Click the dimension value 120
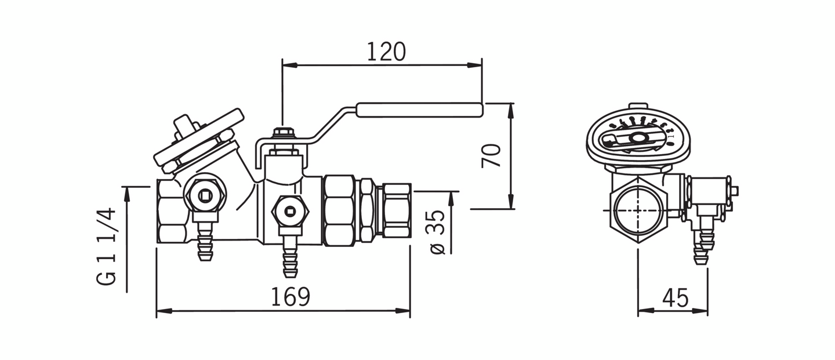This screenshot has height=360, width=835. [386, 52]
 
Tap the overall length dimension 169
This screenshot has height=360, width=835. [291, 297]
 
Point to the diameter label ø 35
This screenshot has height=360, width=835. [438, 231]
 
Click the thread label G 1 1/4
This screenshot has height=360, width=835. [107, 246]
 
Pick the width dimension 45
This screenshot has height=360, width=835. [675, 298]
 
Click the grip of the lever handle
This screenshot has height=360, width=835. [419, 110]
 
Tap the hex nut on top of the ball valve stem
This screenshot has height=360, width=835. [282, 133]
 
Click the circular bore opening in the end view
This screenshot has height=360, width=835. [637, 210]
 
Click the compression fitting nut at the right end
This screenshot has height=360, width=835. [396, 210]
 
